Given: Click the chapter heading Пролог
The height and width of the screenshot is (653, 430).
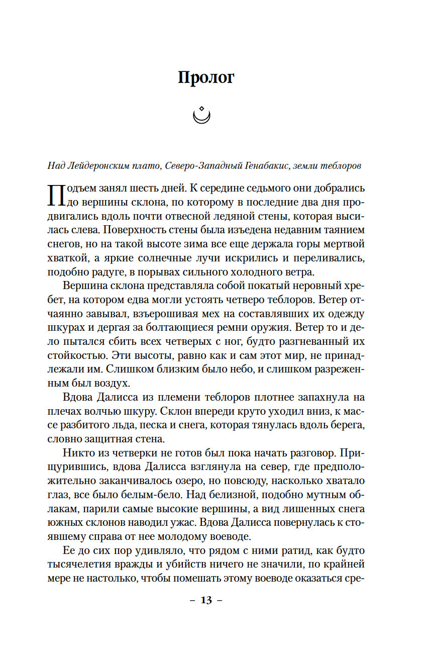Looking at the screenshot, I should point(206,77).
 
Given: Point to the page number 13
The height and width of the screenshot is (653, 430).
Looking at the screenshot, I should point(206,600).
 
